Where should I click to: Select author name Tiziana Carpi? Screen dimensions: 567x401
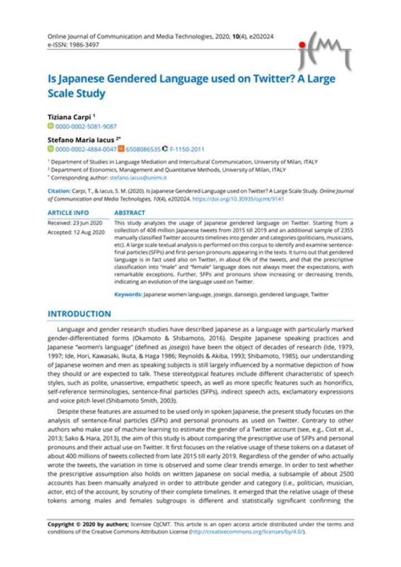click(70, 118)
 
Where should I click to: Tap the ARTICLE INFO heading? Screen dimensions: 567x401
click(68, 213)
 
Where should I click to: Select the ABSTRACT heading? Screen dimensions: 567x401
click(129, 213)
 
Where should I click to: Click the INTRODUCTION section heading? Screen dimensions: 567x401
click(79, 314)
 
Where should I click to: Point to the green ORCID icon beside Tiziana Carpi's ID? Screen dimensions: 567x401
click(50, 127)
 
